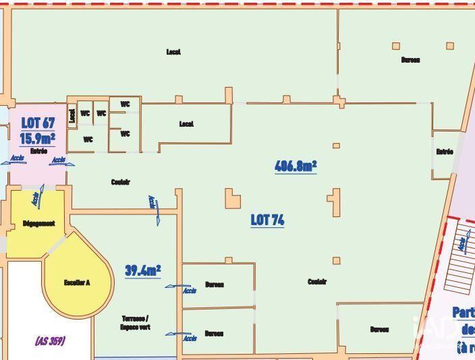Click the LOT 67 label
tap(38, 123)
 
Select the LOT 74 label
tap(267, 220)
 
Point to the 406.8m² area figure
tap(296, 166)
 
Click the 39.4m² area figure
tap(142, 271)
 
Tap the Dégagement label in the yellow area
tap(38, 224)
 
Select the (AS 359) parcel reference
tap(50, 341)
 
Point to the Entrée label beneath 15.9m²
tap(38, 151)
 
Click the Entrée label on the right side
tap(444, 152)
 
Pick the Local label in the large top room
tap(173, 52)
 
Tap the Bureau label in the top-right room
tap(410, 60)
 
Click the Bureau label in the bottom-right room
tap(379, 330)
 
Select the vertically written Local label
tap(72, 117)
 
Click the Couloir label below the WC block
tap(120, 182)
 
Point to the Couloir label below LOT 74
tap(316, 282)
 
